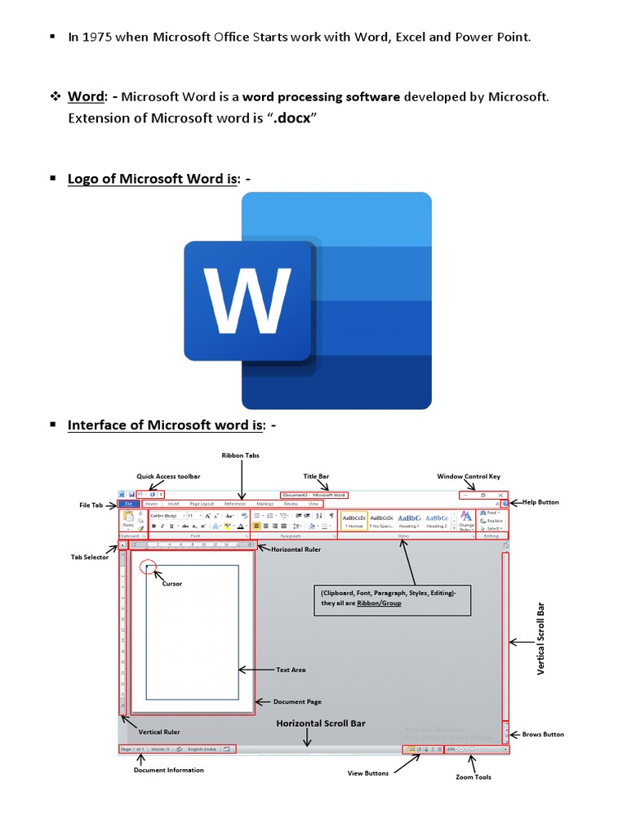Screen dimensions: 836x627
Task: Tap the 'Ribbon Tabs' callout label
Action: [241, 456]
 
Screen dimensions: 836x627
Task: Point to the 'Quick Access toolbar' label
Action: [168, 476]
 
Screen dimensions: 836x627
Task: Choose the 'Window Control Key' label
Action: [469, 476]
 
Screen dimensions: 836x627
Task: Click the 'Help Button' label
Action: [540, 502]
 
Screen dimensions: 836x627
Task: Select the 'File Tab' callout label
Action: [91, 505]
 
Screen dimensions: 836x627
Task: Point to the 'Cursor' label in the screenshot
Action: [172, 584]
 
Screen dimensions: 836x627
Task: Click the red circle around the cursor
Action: [147, 566]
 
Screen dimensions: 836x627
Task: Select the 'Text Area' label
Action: [291, 669]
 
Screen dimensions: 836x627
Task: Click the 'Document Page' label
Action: [297, 701]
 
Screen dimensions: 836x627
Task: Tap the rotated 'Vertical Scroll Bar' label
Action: [540, 639]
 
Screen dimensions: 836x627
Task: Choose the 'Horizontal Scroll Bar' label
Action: [321, 723]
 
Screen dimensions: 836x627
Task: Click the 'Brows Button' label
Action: [543, 734]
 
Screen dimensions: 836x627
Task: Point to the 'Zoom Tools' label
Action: [474, 776]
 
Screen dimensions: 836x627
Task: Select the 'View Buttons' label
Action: [368, 773]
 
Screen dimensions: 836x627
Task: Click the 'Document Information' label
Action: [169, 770]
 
